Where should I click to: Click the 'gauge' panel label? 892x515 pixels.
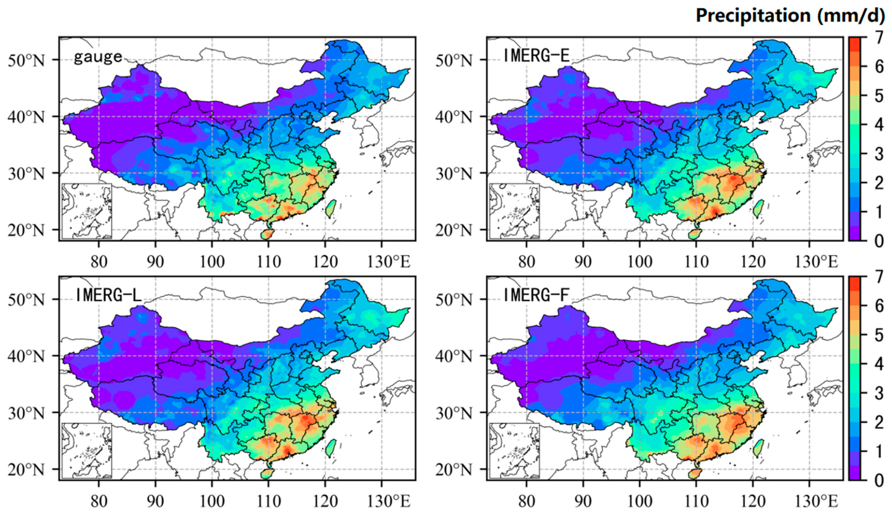pos(98,57)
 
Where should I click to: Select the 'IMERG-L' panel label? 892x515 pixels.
pos(109,295)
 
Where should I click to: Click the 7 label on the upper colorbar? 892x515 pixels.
pos(879,37)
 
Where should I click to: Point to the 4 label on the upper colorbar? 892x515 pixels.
pos(879,125)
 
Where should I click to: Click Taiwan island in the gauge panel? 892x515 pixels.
pos(330,209)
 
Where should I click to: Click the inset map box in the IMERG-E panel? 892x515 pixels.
pos(515,211)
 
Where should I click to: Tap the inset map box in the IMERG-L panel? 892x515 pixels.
pos(87,451)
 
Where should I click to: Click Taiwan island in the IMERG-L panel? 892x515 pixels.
pos(330,448)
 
